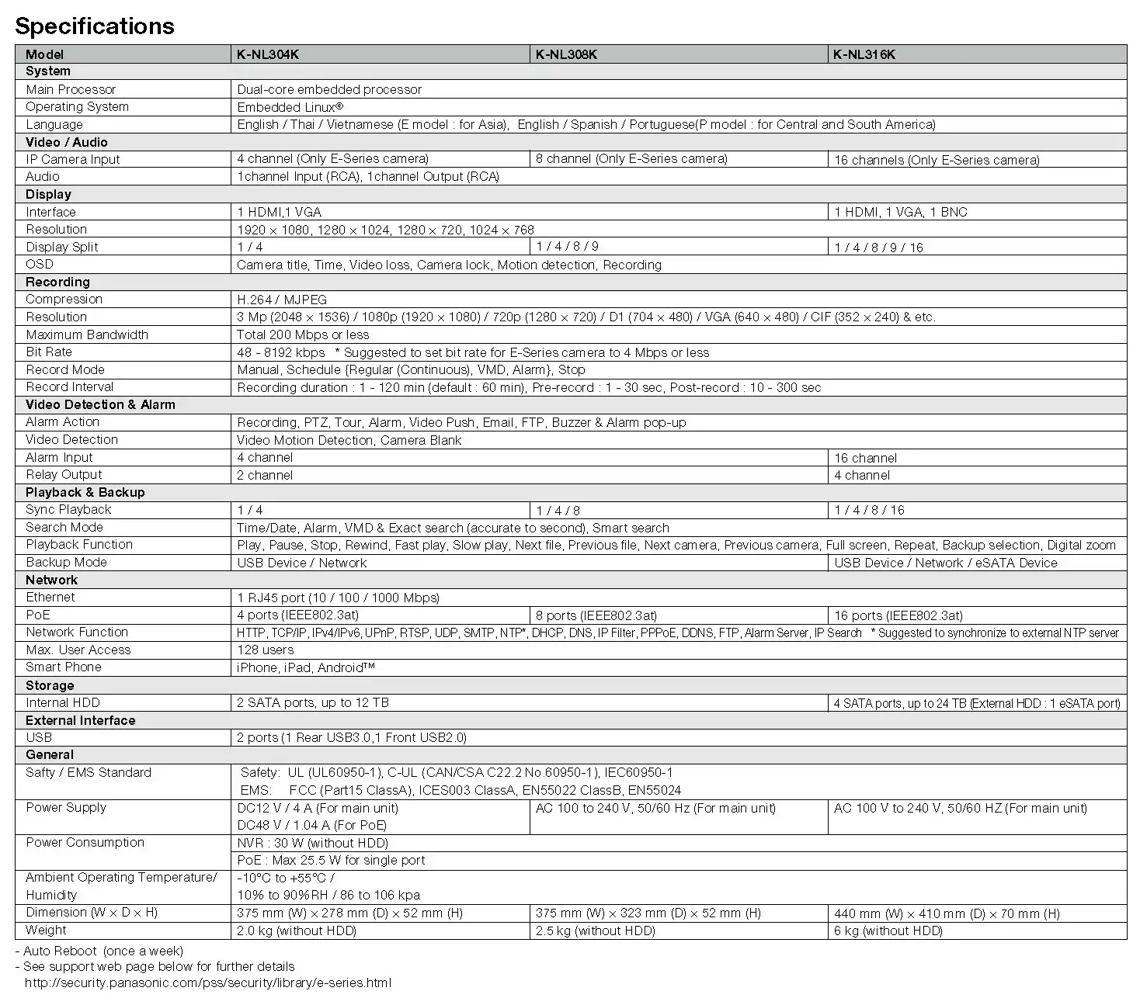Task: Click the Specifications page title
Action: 95,26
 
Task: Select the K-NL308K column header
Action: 566,54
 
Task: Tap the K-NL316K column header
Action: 864,54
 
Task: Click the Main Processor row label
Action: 71,89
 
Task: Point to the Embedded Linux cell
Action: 290,107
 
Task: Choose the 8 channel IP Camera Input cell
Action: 631,159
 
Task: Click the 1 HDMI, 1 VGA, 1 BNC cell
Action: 901,212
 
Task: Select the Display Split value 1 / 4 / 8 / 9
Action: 567,247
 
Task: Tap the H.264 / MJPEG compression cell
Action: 282,300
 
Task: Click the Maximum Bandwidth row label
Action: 87,334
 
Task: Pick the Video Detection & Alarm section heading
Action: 100,404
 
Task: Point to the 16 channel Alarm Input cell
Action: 865,458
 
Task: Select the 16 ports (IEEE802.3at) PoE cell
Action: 898,615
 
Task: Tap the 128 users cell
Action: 266,650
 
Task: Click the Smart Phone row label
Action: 64,667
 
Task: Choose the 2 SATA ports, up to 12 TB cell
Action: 313,703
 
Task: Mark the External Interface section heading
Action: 80,720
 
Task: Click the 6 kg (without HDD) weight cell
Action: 888,930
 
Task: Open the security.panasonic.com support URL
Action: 208,983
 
